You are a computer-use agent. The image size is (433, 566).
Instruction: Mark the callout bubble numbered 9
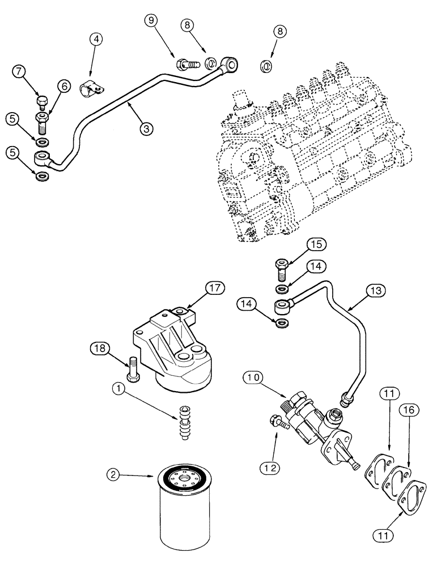click(151, 21)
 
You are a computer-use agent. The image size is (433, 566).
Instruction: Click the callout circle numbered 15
click(316, 245)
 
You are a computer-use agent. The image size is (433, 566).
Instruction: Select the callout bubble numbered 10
click(253, 376)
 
